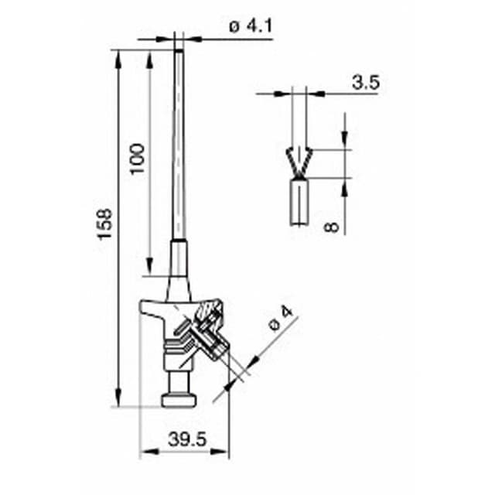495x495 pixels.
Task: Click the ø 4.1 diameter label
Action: coord(250,26)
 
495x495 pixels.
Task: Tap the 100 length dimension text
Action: coord(137,158)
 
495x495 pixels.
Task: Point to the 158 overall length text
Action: coord(105,224)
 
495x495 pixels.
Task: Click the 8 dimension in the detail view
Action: coord(331,227)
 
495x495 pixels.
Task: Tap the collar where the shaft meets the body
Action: coord(179,263)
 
